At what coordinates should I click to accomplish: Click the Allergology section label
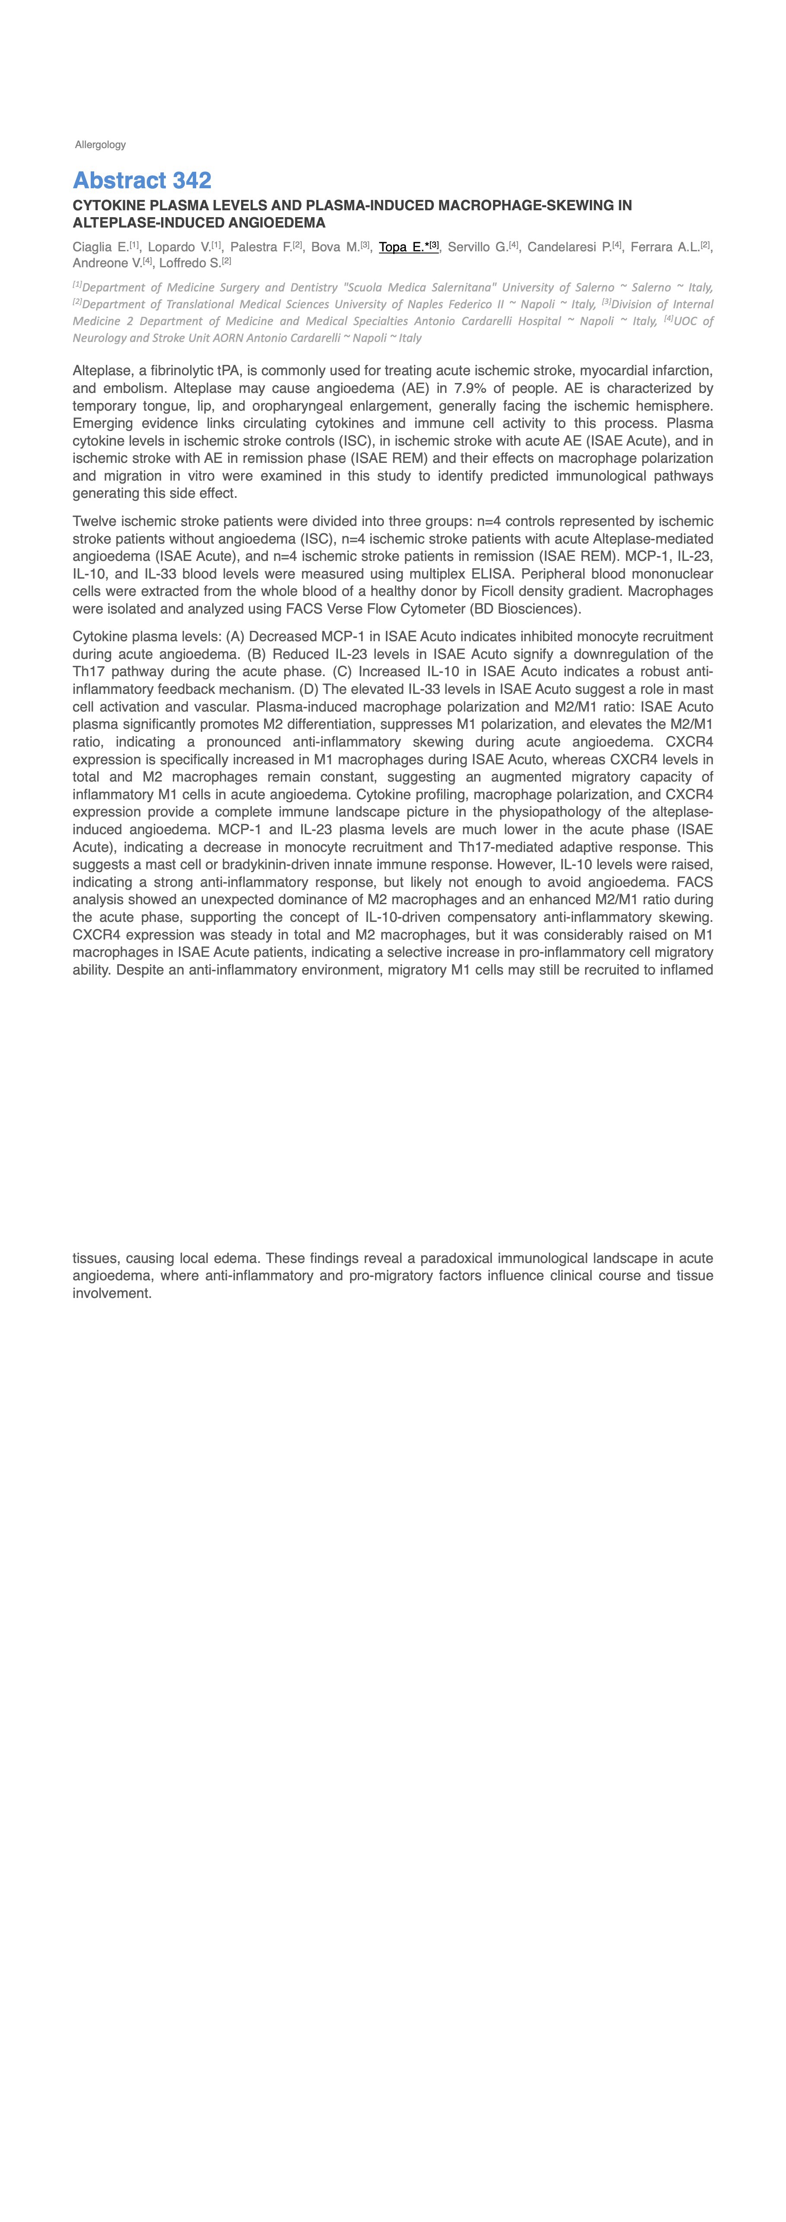tap(100, 145)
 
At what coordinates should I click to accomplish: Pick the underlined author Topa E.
tap(402, 247)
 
